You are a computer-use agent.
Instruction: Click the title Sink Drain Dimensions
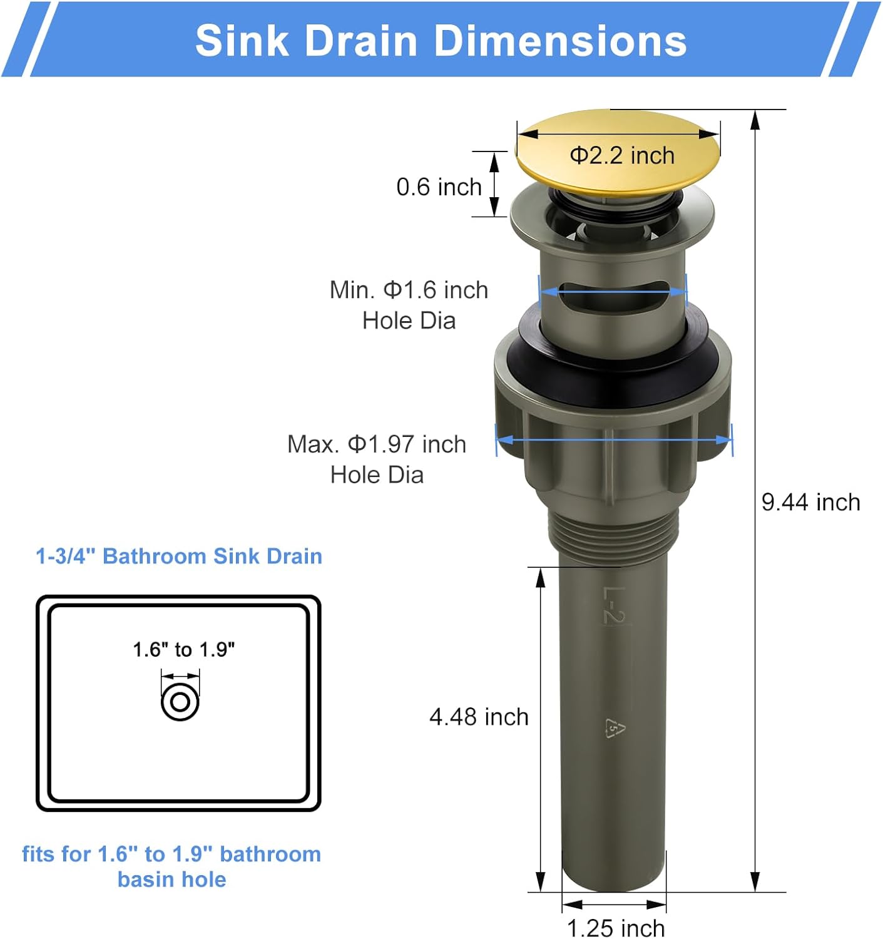441,41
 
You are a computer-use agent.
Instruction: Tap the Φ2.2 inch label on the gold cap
622,155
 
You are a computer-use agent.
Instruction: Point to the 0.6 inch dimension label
439,187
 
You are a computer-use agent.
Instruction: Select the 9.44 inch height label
810,502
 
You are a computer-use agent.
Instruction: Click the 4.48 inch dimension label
479,717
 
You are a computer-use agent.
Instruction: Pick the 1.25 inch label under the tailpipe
615,928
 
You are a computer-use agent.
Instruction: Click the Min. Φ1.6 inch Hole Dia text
409,305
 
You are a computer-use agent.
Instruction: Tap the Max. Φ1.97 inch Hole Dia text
377,459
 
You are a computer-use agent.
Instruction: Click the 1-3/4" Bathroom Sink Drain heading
179,556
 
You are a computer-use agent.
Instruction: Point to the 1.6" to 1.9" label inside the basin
183,649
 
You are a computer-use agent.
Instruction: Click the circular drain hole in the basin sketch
180,702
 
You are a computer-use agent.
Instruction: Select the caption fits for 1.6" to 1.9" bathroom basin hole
171,866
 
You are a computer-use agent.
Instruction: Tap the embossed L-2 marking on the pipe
613,605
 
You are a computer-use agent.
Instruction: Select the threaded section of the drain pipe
613,532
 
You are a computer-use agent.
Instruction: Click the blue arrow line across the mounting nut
613,440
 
